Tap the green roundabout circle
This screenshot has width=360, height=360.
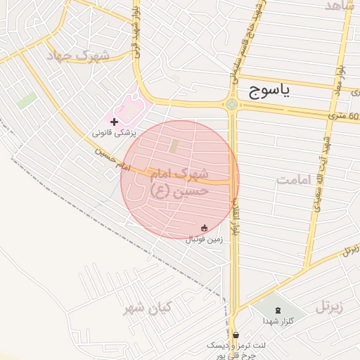tap(231, 105)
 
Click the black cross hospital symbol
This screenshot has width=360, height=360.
tap(115, 122)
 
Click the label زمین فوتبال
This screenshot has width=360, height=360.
tap(204, 239)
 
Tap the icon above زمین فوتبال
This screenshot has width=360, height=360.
tap(205, 228)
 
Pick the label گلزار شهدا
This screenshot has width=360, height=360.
tap(276, 321)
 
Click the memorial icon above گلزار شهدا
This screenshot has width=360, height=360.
tap(276, 310)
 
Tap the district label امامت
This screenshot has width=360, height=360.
tap(293, 181)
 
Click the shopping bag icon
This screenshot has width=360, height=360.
tap(235, 335)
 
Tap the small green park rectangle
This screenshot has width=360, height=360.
tap(27, 101)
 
